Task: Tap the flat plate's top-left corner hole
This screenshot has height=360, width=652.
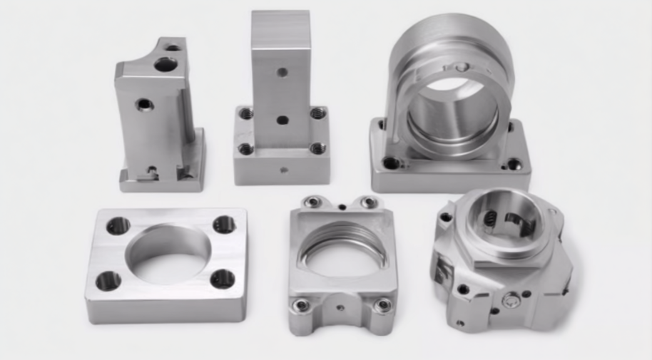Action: [x=118, y=226]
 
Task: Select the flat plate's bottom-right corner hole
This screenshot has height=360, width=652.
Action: [x=223, y=279]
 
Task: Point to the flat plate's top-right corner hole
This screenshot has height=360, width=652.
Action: [x=224, y=225]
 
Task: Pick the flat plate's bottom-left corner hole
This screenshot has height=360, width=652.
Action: [x=108, y=281]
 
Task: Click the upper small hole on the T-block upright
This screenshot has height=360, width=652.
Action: [x=282, y=72]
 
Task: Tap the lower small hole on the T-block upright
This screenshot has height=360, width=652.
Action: [x=282, y=120]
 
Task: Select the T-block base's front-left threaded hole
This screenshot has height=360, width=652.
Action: [x=245, y=149]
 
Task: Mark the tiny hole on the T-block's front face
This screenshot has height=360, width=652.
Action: [x=283, y=170]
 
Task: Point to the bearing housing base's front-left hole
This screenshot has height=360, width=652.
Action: [x=391, y=163]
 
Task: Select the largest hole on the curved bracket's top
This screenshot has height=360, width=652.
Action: [x=165, y=65]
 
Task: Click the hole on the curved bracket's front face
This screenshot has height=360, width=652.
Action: [x=145, y=104]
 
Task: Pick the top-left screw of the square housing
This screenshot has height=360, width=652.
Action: [x=312, y=202]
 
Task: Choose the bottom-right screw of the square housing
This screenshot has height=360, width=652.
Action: [x=383, y=306]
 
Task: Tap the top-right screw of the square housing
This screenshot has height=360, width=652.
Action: [x=369, y=202]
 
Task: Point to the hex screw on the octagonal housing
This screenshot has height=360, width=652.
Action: [x=511, y=301]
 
